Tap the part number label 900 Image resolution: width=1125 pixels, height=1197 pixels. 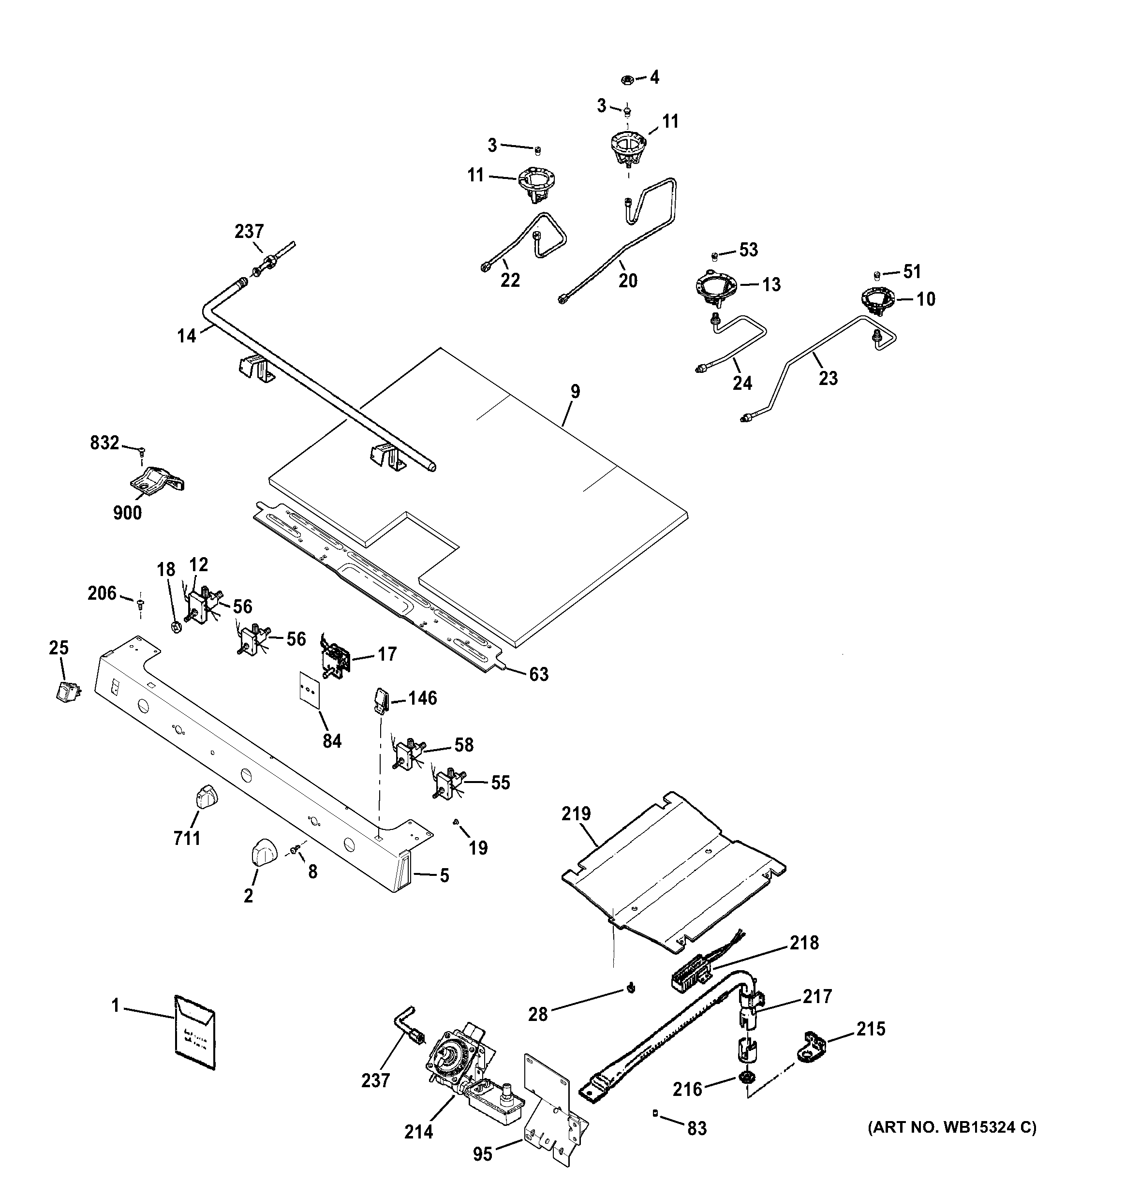click(128, 513)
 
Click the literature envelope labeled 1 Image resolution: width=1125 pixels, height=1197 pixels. click(195, 1032)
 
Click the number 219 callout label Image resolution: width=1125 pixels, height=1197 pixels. click(577, 814)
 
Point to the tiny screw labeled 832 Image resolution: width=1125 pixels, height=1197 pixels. click(142, 450)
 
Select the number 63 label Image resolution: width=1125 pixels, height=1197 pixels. click(538, 674)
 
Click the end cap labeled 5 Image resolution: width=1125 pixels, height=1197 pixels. click(402, 874)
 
